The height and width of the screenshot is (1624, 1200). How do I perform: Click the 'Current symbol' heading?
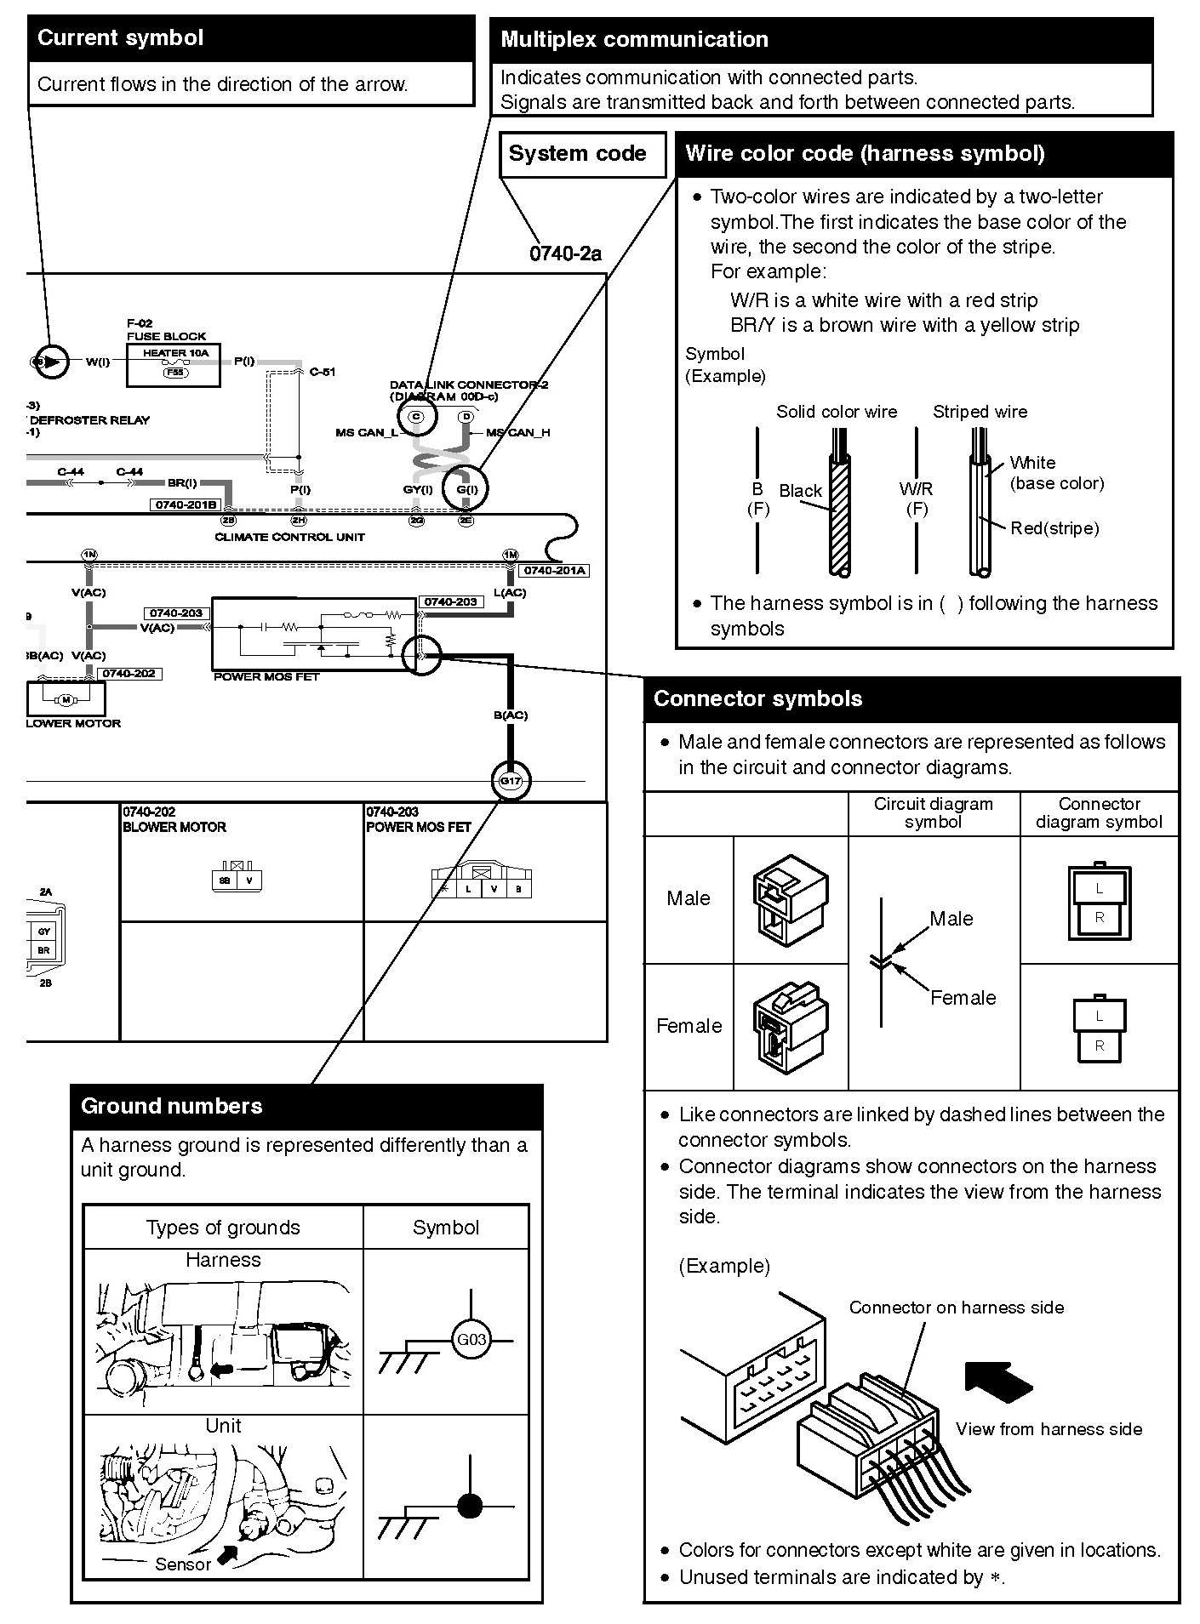coord(121,38)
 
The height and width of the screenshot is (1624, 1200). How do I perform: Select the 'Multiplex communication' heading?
coord(634,39)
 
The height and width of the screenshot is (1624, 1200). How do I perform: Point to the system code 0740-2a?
coord(565,254)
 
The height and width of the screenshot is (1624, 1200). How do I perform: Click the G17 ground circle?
coord(511,780)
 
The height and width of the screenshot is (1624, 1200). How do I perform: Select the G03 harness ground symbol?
coord(471,1340)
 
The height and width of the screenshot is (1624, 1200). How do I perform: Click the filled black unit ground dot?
coord(470,1507)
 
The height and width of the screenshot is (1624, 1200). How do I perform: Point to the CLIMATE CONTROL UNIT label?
coord(289,537)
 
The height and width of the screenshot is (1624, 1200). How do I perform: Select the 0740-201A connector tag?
coord(555,571)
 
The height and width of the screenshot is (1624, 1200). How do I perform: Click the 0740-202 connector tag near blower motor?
coord(129,674)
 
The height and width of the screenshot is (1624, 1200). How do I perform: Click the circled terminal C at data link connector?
coord(416,416)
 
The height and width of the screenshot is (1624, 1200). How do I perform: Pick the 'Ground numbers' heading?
coord(172,1106)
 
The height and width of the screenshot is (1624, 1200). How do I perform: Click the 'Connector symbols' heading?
coord(757,698)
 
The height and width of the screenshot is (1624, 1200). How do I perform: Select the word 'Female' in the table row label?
coord(689,1026)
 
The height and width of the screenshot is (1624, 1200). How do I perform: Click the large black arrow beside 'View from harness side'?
coord(997,1382)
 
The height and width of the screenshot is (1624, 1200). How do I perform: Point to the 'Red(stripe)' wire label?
coord(1054,528)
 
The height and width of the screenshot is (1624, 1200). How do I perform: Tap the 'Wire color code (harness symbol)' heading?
coord(865,154)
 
